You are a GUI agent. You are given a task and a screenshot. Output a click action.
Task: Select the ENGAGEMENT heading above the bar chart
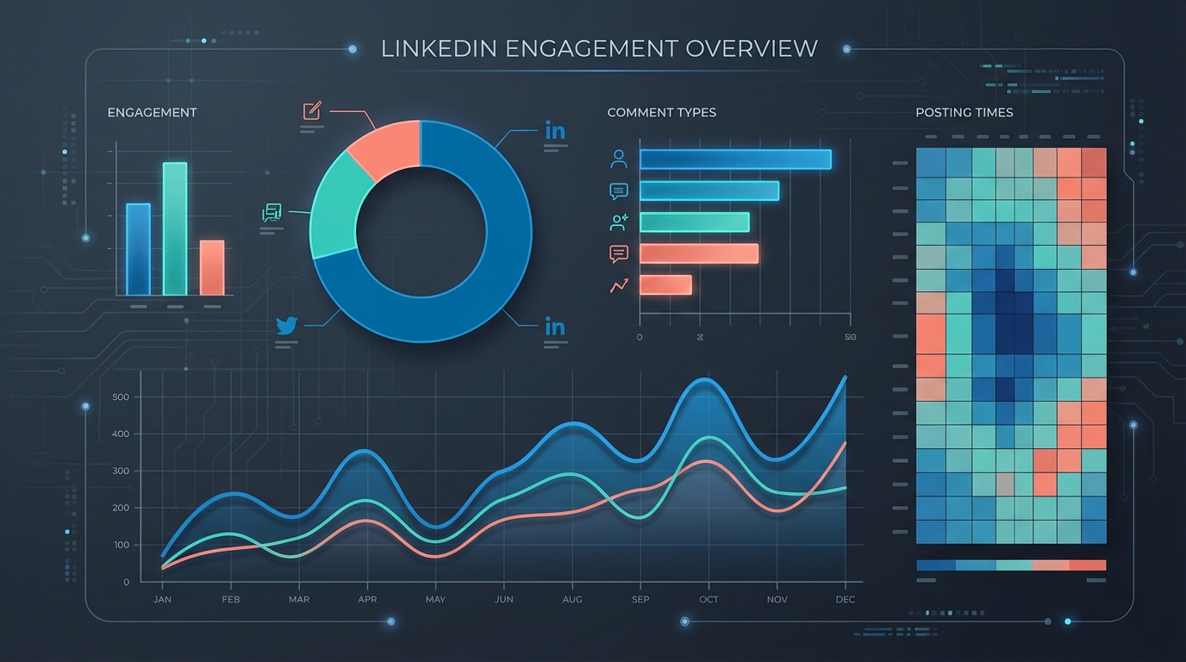pos(152,113)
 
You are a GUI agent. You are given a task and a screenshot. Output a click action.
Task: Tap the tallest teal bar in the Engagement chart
pos(175,228)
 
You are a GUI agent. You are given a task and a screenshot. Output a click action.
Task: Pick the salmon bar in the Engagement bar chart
pos(212,267)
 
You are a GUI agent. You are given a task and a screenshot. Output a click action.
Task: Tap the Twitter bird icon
pos(286,326)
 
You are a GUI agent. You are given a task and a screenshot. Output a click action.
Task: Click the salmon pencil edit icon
pos(312,111)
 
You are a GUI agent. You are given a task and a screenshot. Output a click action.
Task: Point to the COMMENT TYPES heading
pos(661,113)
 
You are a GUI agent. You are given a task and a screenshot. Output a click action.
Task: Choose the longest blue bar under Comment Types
pos(735,159)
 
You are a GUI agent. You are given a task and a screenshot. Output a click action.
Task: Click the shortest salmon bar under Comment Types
pos(665,285)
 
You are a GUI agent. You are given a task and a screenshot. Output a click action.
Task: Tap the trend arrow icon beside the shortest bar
pos(619,285)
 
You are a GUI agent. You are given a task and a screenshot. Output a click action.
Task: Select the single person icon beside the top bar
pos(619,159)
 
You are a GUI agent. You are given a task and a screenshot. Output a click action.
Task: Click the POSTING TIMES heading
pos(964,113)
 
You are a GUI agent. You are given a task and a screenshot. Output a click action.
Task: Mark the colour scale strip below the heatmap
pos(1011,565)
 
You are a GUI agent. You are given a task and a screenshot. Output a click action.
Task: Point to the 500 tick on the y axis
pos(120,397)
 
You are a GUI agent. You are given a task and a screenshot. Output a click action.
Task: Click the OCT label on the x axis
pos(708,599)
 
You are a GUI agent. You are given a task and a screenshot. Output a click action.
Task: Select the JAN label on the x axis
pos(163,599)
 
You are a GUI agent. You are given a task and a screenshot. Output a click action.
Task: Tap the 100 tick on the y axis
pos(120,545)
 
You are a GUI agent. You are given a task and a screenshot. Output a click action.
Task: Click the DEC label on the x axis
pos(845,599)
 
